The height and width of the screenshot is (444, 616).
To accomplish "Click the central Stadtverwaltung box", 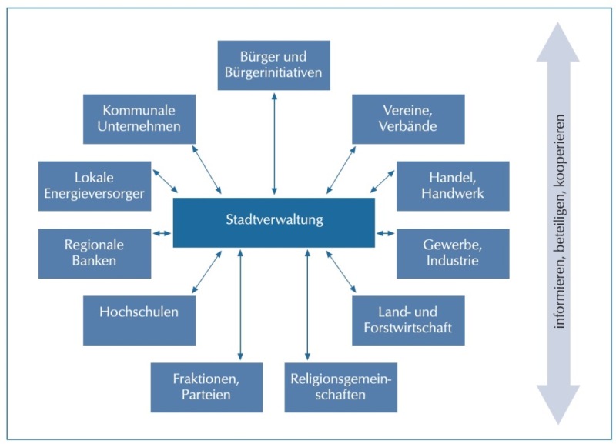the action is tap(274, 222).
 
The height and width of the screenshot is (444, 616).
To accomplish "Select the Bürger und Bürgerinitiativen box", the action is tap(274, 65).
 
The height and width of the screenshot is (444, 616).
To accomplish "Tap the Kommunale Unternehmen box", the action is tap(139, 119).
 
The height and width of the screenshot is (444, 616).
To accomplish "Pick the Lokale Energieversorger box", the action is tap(95, 186).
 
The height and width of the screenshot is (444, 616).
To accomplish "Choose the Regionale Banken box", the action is tap(95, 254).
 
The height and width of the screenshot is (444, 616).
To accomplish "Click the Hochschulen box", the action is tap(139, 321).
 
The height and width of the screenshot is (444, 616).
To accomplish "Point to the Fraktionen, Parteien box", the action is tap(206, 388).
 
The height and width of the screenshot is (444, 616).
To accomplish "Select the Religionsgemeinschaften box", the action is tap(341, 388).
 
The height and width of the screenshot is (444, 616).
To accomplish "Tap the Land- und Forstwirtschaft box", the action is tap(408, 321).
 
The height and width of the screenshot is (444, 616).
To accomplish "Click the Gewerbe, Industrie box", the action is tap(453, 254).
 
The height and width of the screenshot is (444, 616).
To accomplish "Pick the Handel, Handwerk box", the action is tap(453, 186).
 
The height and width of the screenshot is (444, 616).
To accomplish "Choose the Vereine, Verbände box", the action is tap(408, 119).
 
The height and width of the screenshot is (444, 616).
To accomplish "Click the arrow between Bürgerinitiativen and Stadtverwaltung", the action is tap(274, 144).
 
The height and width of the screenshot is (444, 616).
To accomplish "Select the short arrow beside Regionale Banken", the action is tap(162, 234).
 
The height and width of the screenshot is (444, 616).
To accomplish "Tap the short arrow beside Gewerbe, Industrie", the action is tap(386, 234).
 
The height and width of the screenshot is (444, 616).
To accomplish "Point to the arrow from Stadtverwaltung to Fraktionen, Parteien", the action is tap(240, 305).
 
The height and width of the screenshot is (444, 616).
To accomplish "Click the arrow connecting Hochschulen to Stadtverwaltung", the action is tap(206, 272).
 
